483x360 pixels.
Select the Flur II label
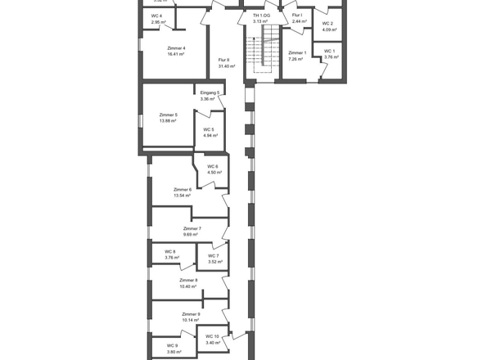[223, 60]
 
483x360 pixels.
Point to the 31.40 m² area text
[227, 66]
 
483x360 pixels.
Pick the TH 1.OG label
[261, 16]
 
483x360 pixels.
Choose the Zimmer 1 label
[297, 53]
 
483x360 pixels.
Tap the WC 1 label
[330, 52]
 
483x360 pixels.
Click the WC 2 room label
[327, 24]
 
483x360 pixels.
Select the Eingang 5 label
[210, 93]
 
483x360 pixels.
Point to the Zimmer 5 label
[169, 115]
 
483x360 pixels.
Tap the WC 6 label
[213, 167]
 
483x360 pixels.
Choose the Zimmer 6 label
[182, 190]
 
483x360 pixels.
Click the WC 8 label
[170, 251]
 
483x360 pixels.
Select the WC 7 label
[213, 256]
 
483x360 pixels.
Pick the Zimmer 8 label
[188, 281]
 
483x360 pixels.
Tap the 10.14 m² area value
[191, 320]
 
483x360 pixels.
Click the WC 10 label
[213, 336]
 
